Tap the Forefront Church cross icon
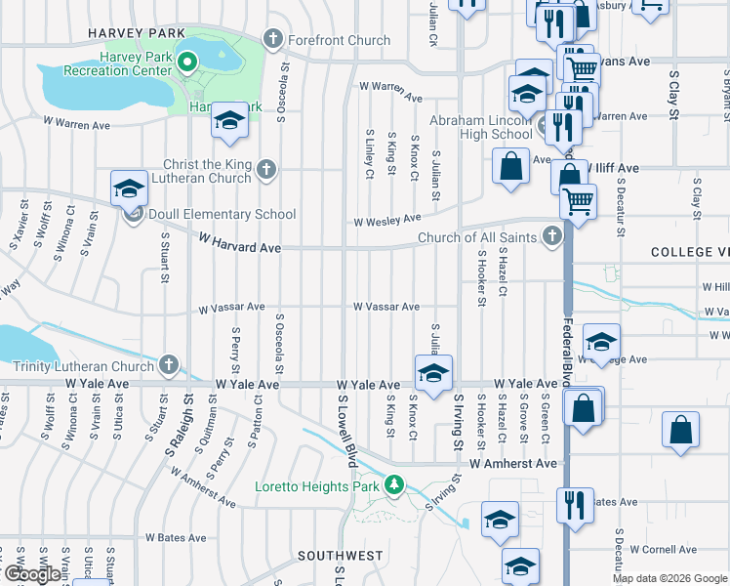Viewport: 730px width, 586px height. point(273,40)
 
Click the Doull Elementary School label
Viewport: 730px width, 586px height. point(221,214)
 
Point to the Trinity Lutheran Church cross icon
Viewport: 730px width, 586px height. point(169,366)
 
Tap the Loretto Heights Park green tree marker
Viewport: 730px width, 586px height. point(394,484)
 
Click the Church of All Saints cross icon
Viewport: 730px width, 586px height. point(553,236)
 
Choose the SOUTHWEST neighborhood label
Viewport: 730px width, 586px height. point(340,556)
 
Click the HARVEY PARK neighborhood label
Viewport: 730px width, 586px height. point(136,33)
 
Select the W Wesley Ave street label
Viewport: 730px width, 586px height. point(386,220)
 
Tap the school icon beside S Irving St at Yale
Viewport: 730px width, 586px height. point(433,372)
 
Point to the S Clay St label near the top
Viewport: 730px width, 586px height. point(673,95)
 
